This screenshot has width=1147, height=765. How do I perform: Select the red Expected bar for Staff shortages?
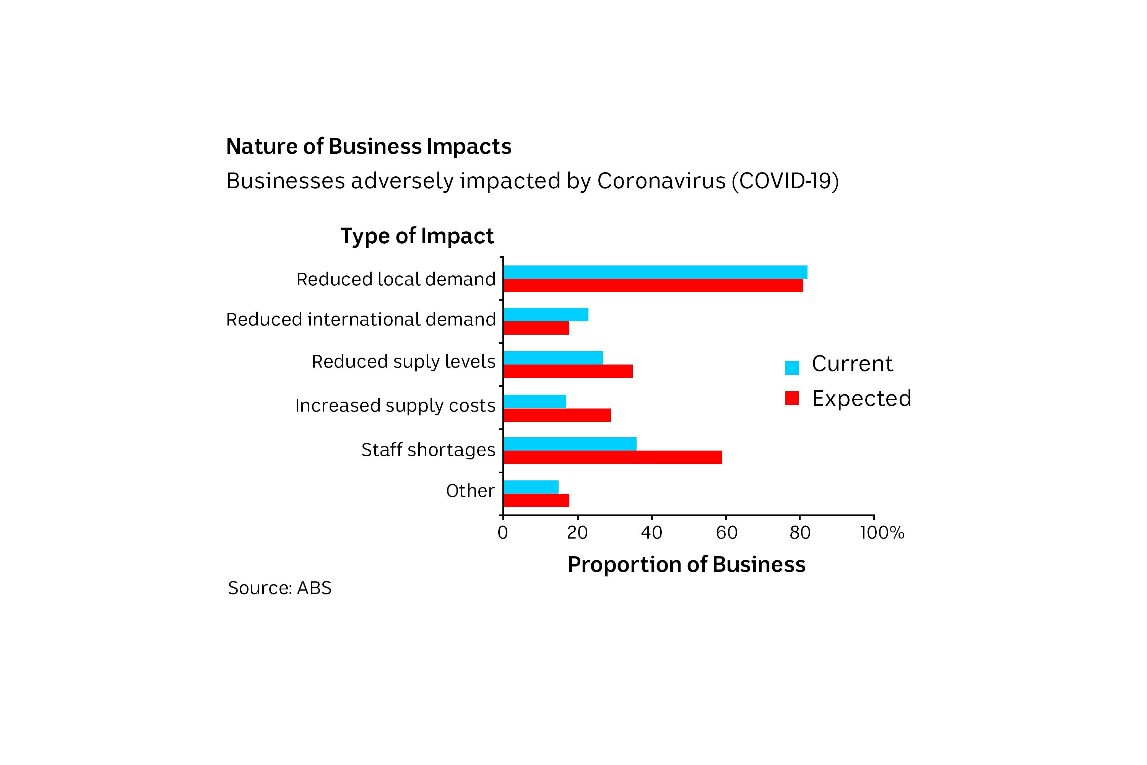coord(612,457)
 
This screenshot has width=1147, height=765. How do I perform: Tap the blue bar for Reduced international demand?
coord(546,315)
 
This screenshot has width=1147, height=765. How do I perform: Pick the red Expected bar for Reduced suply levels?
coord(568,371)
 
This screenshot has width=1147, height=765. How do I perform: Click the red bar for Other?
coord(536,501)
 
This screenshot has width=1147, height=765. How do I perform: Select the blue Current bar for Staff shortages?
coord(570,444)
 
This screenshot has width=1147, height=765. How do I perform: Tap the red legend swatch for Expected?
coord(792,398)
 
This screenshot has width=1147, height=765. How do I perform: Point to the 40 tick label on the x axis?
coord(651,533)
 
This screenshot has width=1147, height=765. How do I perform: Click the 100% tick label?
coord(882,533)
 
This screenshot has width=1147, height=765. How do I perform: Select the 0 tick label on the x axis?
coord(503,533)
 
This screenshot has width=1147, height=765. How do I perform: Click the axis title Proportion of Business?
coord(687,565)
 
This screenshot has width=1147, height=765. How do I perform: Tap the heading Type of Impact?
coord(417,236)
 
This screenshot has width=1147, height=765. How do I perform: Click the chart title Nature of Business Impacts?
coord(369,146)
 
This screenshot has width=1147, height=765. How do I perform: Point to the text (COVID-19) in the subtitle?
coord(785,181)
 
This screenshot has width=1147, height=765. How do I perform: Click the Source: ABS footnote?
coord(279,588)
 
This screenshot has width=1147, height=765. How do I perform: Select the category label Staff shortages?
coord(428,450)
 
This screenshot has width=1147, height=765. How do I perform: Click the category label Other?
coord(470,491)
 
